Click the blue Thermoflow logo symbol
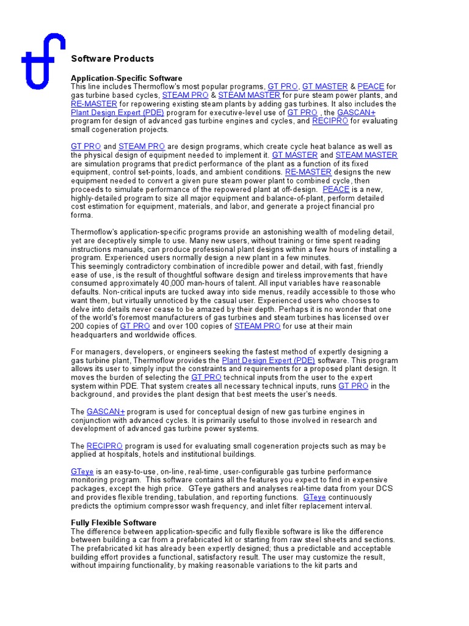[x=42, y=61]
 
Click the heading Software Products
[x=112, y=59]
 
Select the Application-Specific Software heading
[x=126, y=78]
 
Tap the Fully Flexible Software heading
[x=114, y=523]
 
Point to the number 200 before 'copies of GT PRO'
[x=79, y=326]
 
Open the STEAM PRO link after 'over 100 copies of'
[x=257, y=326]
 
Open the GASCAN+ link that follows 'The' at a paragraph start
[x=106, y=412]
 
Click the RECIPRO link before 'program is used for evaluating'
[x=105, y=446]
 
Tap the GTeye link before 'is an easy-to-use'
[x=82, y=472]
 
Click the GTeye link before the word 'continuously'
[x=314, y=498]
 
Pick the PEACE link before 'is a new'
[x=336, y=190]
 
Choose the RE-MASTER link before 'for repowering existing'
[x=94, y=104]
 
